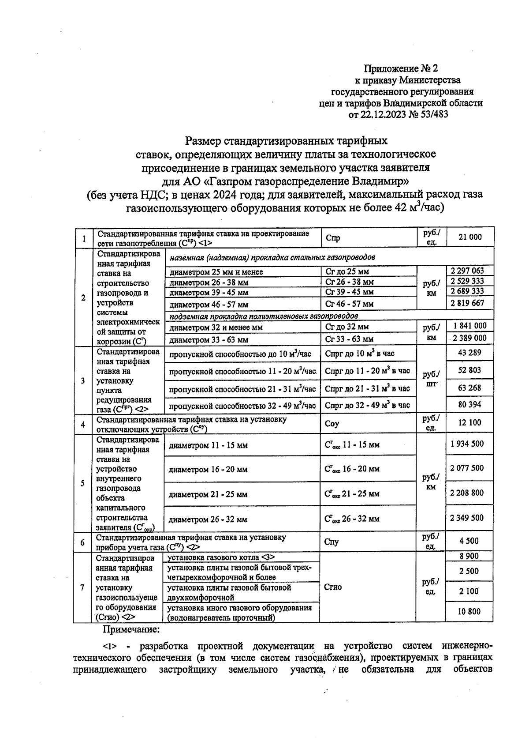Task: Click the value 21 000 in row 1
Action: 470,237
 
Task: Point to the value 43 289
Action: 469,353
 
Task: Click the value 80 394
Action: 469,404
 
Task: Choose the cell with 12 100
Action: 469,422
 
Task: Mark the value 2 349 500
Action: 467,518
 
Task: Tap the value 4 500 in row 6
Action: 469,541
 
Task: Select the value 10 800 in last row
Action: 469,612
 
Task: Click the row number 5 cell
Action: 83,483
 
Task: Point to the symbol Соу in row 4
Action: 332,424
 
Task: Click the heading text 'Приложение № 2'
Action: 401,68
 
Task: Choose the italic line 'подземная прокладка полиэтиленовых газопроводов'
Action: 263,316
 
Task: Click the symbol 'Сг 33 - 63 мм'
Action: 349,339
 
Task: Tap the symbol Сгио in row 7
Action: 332,587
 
